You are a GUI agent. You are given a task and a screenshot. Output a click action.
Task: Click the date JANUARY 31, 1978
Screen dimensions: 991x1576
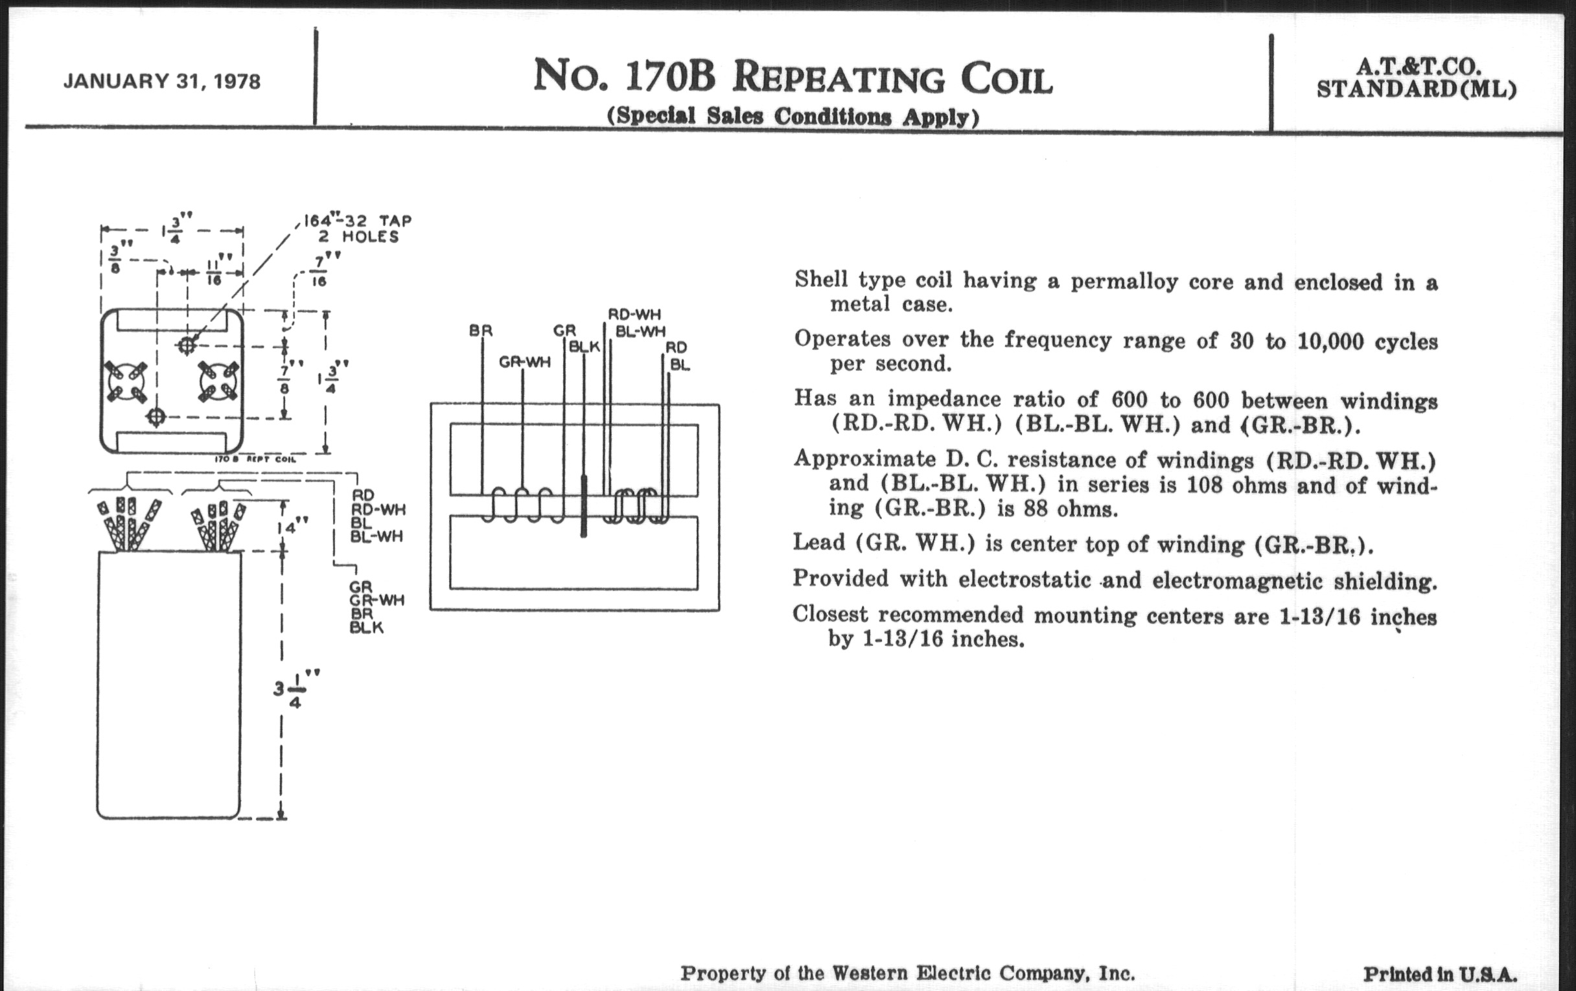point(161,82)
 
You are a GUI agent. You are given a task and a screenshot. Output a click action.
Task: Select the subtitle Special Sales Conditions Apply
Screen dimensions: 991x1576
point(793,117)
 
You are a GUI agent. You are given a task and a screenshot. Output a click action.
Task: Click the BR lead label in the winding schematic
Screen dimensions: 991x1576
point(480,331)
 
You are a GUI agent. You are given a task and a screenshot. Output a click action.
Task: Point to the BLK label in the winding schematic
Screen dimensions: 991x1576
point(584,347)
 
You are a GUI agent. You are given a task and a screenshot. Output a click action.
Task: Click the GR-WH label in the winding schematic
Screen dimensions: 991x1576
point(524,361)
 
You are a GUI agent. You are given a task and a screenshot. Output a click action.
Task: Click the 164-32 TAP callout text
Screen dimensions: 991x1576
point(357,220)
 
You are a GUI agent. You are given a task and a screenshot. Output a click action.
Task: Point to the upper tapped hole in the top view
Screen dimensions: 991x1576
point(187,345)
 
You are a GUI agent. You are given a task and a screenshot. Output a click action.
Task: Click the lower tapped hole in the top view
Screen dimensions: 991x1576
point(156,416)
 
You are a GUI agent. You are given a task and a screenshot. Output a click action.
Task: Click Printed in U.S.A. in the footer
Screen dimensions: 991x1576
point(1440,974)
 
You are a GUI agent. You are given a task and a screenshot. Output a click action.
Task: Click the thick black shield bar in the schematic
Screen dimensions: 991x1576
point(584,507)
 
